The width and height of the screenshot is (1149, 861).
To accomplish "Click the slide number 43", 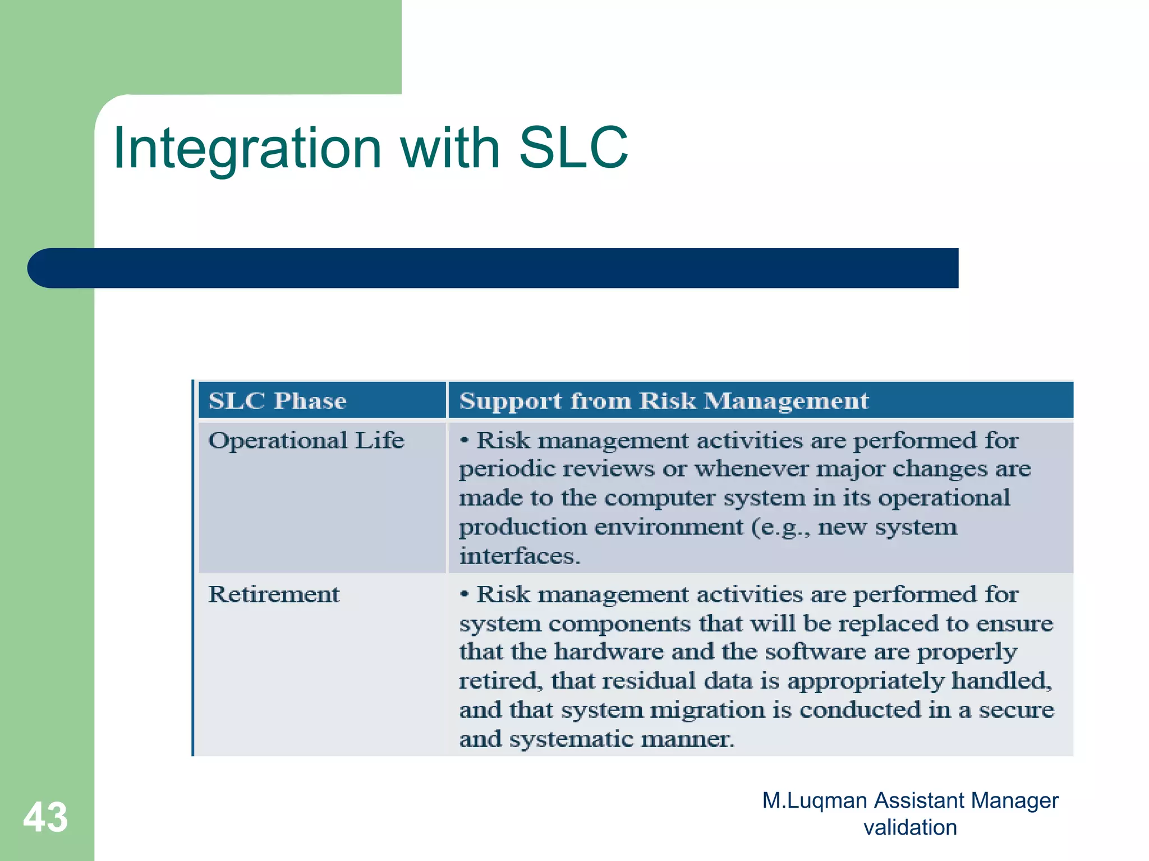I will pos(45,817).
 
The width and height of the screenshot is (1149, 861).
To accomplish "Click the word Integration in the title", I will pos(247,149).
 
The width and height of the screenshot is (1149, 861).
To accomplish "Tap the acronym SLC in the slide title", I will pos(573,148).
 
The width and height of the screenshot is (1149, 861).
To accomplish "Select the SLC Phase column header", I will pos(277,401).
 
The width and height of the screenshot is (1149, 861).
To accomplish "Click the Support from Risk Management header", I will pos(664,401).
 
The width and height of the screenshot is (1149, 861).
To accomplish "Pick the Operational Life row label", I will pos(306,440).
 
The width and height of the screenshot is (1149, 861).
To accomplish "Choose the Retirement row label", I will pos(274,594).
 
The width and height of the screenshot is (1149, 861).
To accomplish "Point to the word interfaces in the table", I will pos(519,556).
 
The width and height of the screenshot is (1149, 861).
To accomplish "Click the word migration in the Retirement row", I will pos(707,710).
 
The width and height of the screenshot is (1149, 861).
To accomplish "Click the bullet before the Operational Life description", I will pos(464,440).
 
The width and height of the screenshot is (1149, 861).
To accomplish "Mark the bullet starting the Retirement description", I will pos(464,594).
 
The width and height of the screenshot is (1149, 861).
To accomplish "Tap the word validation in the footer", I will pos(910,827).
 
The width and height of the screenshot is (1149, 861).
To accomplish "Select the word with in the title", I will pos(449,148).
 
